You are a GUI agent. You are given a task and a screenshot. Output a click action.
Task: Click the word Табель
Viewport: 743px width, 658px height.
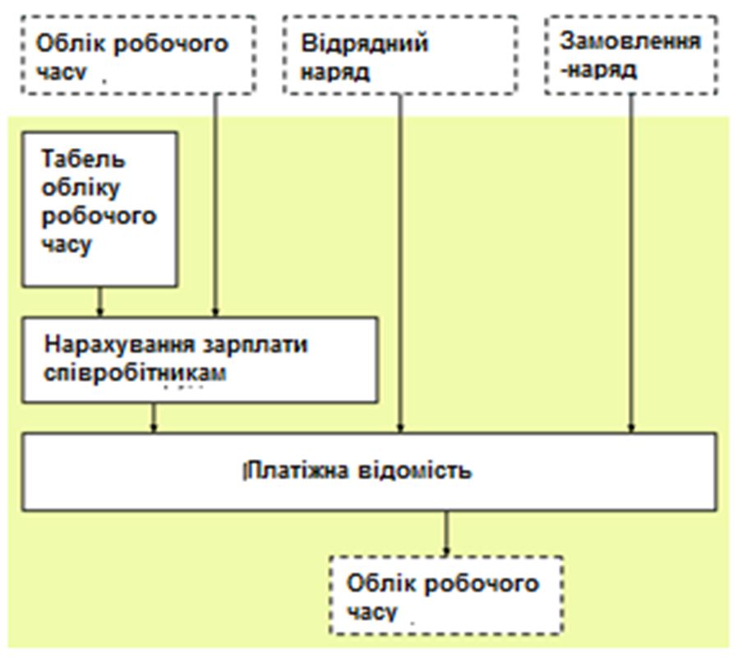tap(83, 159)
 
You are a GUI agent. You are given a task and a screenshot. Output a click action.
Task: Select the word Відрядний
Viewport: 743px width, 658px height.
tap(365, 44)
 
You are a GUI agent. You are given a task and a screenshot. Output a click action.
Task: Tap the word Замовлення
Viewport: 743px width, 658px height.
tap(630, 41)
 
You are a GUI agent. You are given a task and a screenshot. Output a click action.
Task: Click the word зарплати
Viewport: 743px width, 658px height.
tap(256, 345)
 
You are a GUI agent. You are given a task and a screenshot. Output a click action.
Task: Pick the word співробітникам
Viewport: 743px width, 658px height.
tap(135, 373)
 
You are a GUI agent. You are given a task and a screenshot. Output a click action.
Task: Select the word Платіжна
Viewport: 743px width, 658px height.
tap(298, 470)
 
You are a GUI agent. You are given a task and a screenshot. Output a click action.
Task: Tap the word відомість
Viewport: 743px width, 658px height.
tap(414, 470)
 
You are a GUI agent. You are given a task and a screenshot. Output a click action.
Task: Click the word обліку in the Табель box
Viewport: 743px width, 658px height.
tap(81, 188)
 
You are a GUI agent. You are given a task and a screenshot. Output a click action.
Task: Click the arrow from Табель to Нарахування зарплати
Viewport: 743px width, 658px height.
tap(99, 302)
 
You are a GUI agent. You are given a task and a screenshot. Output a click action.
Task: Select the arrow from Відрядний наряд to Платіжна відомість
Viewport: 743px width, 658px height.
tap(400, 263)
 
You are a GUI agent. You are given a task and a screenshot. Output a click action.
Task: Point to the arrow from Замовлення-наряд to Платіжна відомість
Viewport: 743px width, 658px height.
tap(631, 263)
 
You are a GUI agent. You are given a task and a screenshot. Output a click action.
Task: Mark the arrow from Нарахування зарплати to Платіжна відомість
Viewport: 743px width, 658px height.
tap(153, 418)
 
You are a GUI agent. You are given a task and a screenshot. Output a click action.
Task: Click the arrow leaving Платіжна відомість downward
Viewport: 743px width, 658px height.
tap(446, 533)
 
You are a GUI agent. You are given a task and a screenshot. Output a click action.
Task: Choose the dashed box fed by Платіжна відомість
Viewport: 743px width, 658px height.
tap(446, 595)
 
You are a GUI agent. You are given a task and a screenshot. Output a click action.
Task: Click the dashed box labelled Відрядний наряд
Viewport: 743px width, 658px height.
tap(400, 55)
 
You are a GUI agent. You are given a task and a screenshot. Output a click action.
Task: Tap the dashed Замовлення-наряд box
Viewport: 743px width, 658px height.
tap(631, 55)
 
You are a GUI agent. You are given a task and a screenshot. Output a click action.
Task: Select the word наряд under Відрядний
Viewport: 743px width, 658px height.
tap(335, 72)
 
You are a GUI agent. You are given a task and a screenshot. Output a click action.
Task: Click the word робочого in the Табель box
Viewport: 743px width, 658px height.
tap(99, 216)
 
